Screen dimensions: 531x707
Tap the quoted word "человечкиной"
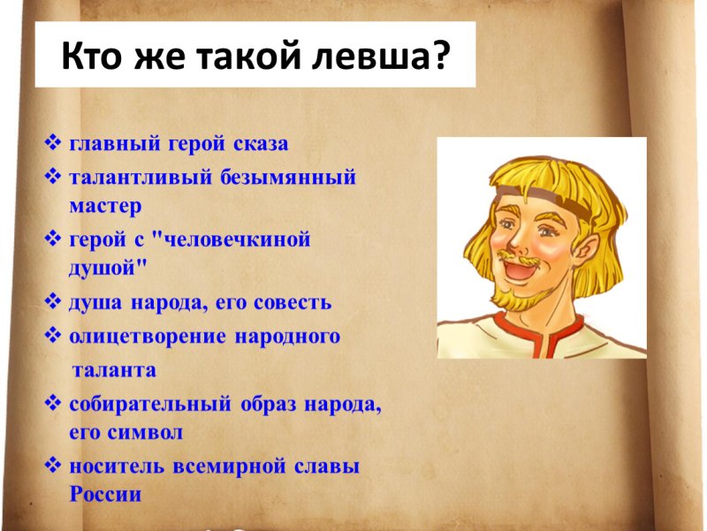point(235,240)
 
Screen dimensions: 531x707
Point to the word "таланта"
point(113,369)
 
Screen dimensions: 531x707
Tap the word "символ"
point(146,433)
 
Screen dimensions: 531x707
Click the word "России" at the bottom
point(105,495)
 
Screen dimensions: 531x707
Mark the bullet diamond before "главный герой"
point(52,143)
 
